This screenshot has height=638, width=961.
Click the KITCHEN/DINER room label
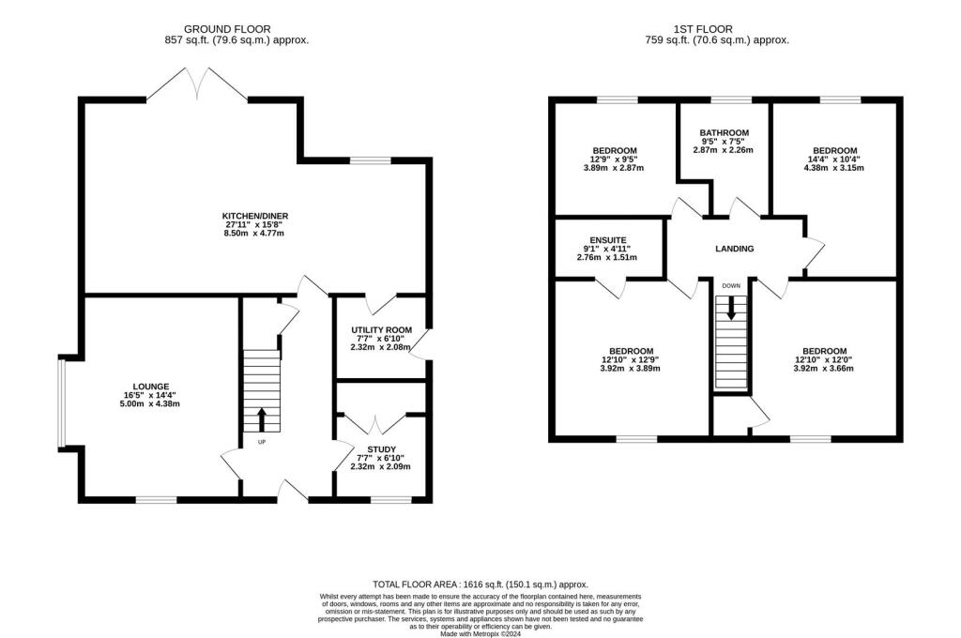point(248,214)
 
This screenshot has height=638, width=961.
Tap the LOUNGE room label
point(150,386)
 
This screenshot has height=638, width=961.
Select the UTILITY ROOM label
point(381,330)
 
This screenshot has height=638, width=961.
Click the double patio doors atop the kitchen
point(196,85)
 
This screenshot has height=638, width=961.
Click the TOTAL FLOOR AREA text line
point(480,583)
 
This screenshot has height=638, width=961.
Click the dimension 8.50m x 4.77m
point(248,233)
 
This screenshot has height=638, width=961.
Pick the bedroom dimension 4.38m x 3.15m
point(834,169)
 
